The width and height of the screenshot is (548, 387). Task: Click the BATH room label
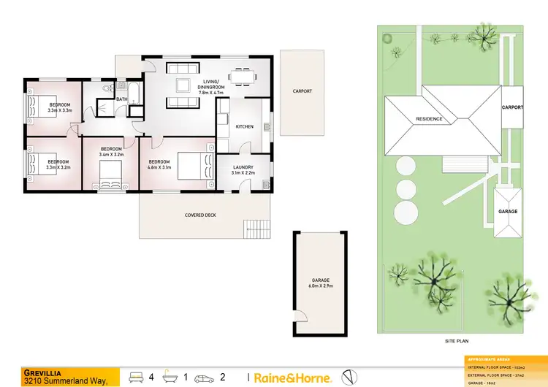[x=121, y=99]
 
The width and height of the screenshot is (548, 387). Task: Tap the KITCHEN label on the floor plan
[x=244, y=127]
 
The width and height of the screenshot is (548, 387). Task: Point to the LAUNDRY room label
[x=243, y=167]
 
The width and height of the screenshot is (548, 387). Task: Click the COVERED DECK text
[x=200, y=215]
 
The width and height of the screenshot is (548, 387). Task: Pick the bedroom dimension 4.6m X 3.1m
[x=159, y=168]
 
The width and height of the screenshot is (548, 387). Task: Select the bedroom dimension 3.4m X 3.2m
[x=110, y=156]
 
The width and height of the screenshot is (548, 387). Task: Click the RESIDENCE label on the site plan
[x=429, y=119]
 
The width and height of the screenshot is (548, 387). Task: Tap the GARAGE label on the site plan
[x=508, y=212]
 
